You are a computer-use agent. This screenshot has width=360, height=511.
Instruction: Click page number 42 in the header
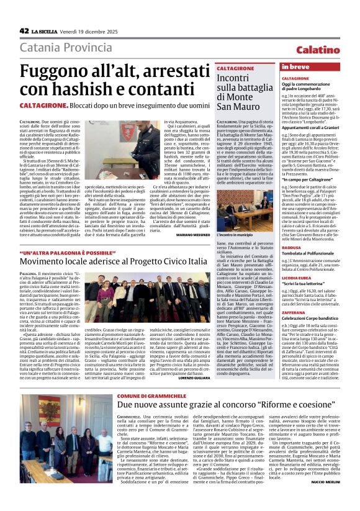click(x=24, y=30)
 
